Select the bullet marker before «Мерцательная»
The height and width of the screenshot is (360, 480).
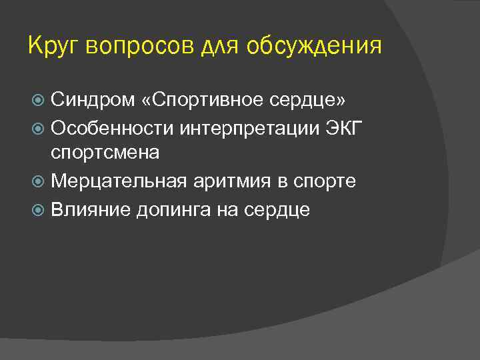pos(39,182)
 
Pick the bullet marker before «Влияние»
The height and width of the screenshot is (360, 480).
pos(39,209)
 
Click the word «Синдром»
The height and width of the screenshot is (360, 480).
pos(90,100)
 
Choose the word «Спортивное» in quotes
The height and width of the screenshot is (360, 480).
pos(200,100)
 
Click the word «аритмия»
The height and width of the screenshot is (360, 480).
pos(226,182)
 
